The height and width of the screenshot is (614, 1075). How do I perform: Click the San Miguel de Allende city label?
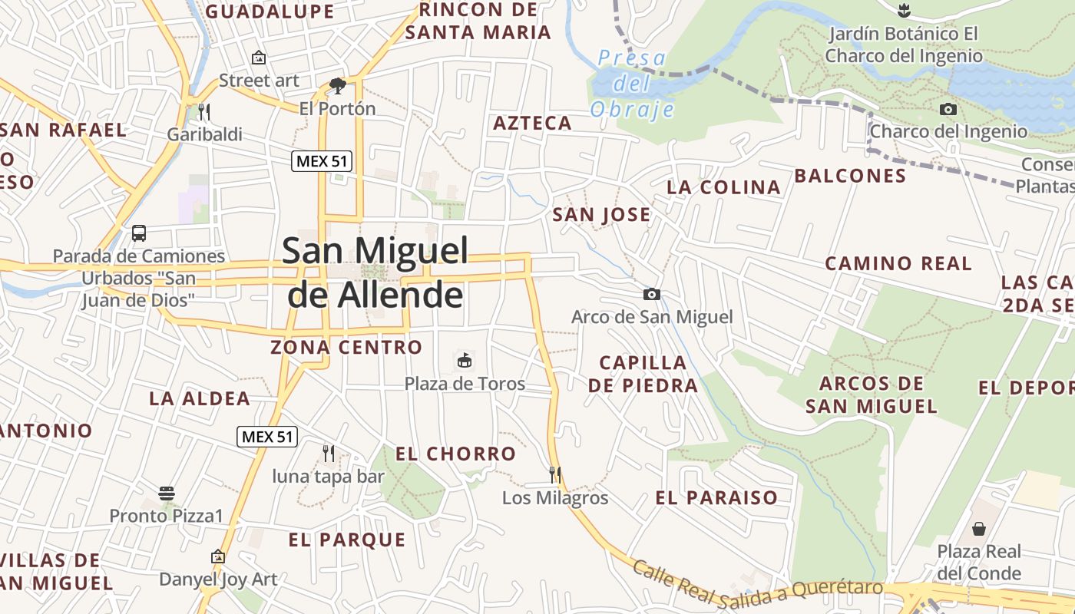point(375,272)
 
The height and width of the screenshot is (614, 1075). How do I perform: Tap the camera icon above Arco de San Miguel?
point(651,294)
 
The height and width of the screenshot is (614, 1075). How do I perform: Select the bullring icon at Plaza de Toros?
point(464,360)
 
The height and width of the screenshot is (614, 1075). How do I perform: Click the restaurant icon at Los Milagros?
point(555,475)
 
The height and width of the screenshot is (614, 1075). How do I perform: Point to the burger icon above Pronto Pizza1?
point(167,493)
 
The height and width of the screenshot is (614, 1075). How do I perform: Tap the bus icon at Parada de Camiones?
point(139,233)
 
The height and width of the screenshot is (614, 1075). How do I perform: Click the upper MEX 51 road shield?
point(322,161)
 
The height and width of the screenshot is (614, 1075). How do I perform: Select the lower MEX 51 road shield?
point(266,437)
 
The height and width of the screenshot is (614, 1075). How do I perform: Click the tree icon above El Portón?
point(337,85)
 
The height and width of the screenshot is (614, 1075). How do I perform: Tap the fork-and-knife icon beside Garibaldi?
point(203,112)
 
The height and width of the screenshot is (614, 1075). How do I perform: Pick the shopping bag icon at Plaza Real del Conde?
point(979,529)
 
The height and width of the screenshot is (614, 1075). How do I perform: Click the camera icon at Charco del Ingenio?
point(948,109)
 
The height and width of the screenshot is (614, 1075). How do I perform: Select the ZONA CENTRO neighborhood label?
point(346,347)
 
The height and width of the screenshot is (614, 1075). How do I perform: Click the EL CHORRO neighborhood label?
point(455,454)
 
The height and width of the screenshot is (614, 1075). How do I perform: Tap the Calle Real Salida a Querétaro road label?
point(756,583)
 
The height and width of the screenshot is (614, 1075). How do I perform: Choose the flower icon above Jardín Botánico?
point(904,11)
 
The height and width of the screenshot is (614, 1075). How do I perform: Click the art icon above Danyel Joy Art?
point(218,556)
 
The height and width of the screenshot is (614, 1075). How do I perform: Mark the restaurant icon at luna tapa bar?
point(329,454)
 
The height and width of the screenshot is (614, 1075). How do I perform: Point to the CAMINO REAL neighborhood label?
point(898,263)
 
